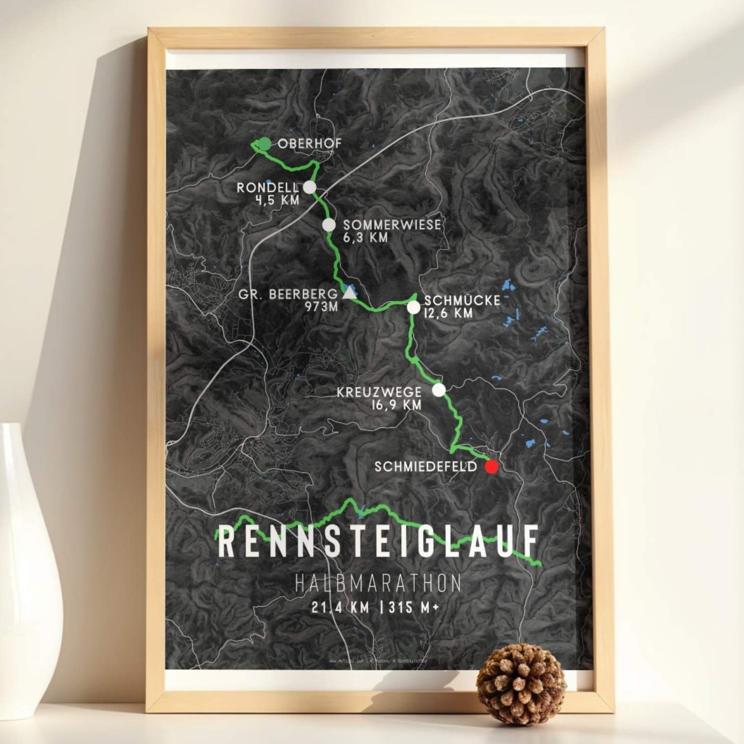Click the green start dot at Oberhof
tap(264, 144)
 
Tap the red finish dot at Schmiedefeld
tap(492, 467)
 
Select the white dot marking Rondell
tap(309, 187)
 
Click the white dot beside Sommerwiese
tap(329, 225)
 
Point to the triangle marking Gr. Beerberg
tap(350, 294)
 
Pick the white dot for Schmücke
tap(413, 308)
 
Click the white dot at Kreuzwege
tap(439, 390)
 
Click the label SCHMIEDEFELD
tap(427, 467)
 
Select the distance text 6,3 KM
tap(365, 238)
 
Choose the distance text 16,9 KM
tap(396, 405)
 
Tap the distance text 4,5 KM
tap(277, 200)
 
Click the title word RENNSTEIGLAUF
tap(379, 541)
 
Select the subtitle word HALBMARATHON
tap(378, 584)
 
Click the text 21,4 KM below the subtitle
tap(340, 608)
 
